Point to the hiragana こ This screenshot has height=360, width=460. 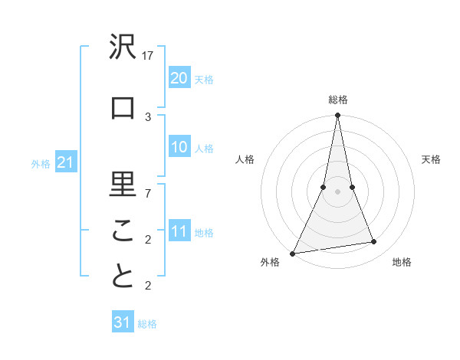123,231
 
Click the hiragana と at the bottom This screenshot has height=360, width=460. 123,277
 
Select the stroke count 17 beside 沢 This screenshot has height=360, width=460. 149,56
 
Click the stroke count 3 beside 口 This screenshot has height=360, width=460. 149,116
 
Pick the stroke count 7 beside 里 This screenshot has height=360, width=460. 149,193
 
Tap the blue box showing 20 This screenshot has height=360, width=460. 179,78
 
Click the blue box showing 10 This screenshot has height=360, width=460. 179,147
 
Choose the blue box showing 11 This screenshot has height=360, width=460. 179,231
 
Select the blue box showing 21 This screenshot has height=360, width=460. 65,162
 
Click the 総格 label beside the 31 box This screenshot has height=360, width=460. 147,324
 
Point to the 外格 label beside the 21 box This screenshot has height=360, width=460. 41,163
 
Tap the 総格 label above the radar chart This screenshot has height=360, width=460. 338,100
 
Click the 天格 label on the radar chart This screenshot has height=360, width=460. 432,159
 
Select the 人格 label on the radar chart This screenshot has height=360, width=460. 245,159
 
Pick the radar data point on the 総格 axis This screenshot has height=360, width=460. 338,116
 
